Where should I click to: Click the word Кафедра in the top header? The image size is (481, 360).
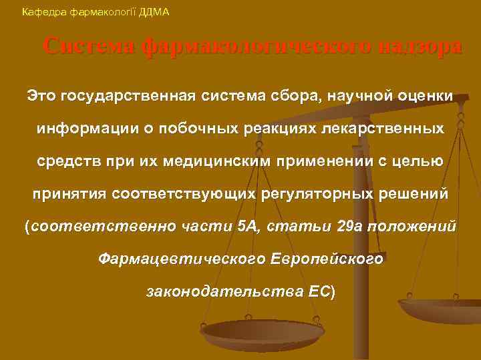tap(41, 12)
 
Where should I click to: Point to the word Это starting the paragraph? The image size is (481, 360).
tap(41, 96)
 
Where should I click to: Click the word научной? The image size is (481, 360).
tap(365, 96)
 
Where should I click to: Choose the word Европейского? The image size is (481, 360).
tap(327, 259)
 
